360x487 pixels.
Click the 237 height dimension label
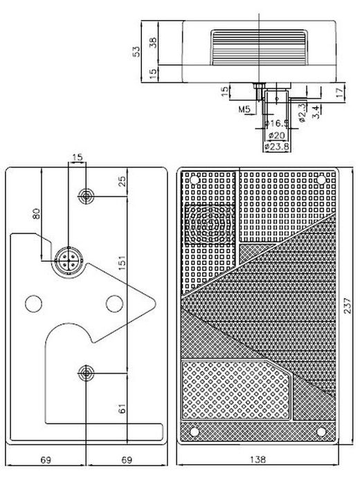pos(348,305)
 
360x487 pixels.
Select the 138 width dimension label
pos(258,459)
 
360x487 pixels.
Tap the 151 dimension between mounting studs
pos(123,262)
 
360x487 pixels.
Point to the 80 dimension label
pos(37,214)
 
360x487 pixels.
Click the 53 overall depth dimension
pos(136,52)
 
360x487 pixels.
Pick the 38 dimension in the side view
pos(153,43)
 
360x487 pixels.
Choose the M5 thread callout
pos(244,109)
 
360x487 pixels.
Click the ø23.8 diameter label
pos(276,147)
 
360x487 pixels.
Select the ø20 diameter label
pos(276,136)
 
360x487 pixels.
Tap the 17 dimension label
pos(341,93)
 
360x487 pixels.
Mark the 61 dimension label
pos(123,408)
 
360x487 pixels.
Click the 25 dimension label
pos(123,181)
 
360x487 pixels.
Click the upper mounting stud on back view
pos(86,196)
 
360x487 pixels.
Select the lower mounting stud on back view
pos(86,373)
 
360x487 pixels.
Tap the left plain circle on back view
pos(33,304)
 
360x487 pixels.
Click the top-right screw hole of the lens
pos(321,180)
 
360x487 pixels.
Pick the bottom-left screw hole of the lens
pos(194,432)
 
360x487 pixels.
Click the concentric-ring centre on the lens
pos(209,223)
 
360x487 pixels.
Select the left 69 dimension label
pos(46,459)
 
